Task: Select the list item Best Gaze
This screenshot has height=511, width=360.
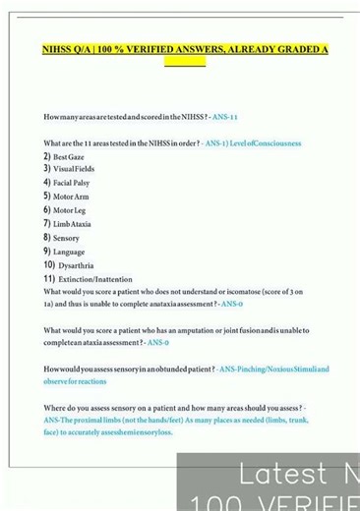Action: (x=69, y=157)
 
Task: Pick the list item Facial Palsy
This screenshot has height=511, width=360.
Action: (x=72, y=183)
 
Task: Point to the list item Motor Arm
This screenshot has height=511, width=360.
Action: (x=71, y=197)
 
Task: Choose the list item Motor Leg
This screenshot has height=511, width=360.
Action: (x=70, y=210)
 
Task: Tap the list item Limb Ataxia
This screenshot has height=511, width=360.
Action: (x=72, y=224)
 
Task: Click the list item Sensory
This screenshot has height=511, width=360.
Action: (x=67, y=238)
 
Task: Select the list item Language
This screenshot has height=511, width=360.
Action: (x=69, y=252)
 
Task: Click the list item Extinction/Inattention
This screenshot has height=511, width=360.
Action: (x=95, y=279)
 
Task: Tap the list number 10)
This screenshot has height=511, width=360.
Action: (x=49, y=265)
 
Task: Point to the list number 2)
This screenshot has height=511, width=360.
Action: (x=46, y=157)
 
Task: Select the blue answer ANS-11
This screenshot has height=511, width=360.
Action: (x=223, y=117)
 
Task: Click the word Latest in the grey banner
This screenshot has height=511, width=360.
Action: (x=270, y=475)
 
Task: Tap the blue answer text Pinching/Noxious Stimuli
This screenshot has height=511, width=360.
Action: (x=273, y=369)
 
